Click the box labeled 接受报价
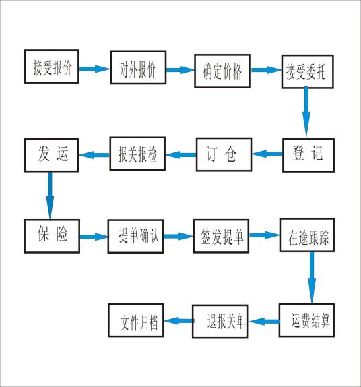[x=53, y=67]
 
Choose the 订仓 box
[x=224, y=154]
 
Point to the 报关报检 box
[x=137, y=154]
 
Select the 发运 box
[x=53, y=154]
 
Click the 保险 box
[x=52, y=235]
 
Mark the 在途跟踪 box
[x=308, y=237]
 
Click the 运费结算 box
[x=306, y=320]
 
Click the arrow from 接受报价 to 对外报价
[x=96, y=68]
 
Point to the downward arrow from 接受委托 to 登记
[x=307, y=112]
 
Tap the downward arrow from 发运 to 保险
[x=51, y=195]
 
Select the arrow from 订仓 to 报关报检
[x=180, y=155]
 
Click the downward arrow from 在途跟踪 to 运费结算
[x=311, y=278]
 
